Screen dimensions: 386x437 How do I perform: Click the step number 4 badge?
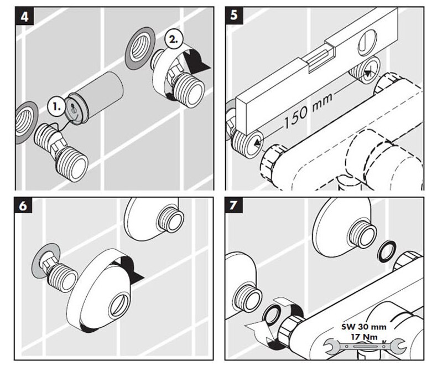[x=25, y=17]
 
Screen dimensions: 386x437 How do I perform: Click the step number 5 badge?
[x=234, y=16]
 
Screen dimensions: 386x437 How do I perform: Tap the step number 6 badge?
[x=25, y=206]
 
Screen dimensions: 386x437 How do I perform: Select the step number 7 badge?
[x=235, y=206]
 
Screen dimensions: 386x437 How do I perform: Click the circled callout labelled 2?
[x=173, y=40]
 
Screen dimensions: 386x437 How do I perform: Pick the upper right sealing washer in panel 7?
[x=386, y=250]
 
